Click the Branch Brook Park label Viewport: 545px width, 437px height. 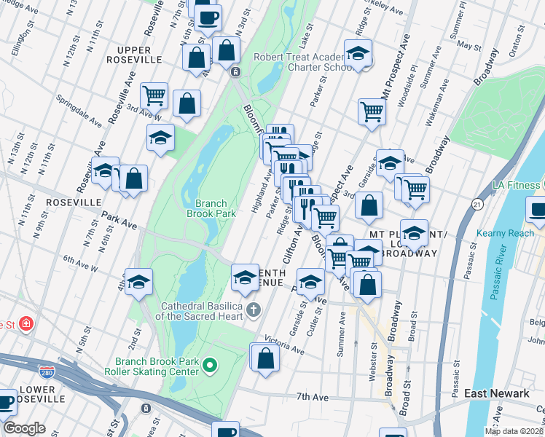click(x=211, y=209)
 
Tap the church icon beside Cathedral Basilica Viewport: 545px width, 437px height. click(x=254, y=310)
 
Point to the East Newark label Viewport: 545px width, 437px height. click(x=497, y=394)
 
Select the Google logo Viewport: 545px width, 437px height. click(x=24, y=428)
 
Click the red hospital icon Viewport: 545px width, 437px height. click(x=26, y=323)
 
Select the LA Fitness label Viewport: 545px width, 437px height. click(x=518, y=186)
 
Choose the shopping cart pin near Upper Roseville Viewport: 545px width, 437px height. click(x=154, y=95)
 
